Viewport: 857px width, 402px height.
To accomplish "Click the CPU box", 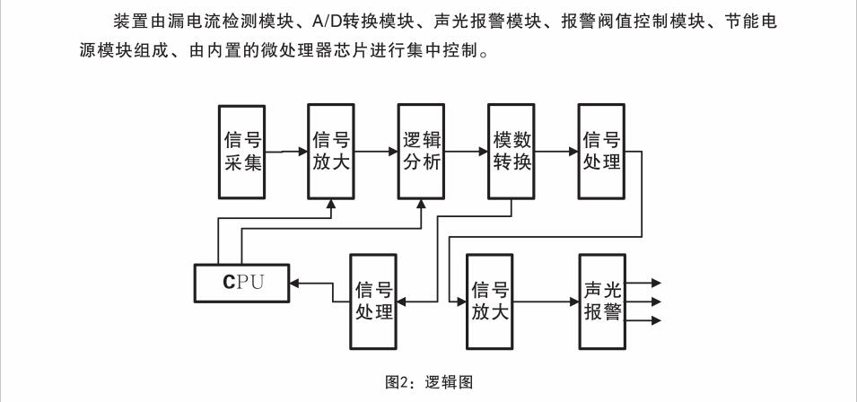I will coord(242,284).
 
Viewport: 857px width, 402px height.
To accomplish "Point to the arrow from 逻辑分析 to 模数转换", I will coord(467,152).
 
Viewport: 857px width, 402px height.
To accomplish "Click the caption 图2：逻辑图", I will coord(428,382).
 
